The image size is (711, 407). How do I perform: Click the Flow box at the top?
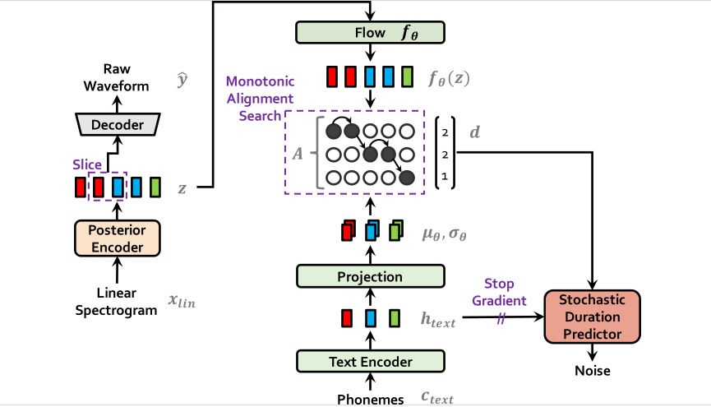point(370,33)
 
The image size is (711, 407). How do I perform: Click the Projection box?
point(370,277)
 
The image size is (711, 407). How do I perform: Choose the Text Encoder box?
point(370,361)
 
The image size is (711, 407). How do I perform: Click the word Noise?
point(593,371)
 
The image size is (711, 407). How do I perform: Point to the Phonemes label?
point(371,399)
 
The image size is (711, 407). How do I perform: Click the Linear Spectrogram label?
point(115,302)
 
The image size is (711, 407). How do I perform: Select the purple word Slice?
point(86,165)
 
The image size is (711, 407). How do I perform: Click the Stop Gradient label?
point(498,294)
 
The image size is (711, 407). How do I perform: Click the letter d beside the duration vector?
point(474,132)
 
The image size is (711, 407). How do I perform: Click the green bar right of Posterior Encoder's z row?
point(155,187)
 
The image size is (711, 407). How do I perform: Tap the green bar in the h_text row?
point(395,318)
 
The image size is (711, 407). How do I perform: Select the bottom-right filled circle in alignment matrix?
point(406,176)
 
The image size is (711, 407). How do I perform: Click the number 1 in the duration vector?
point(445,176)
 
